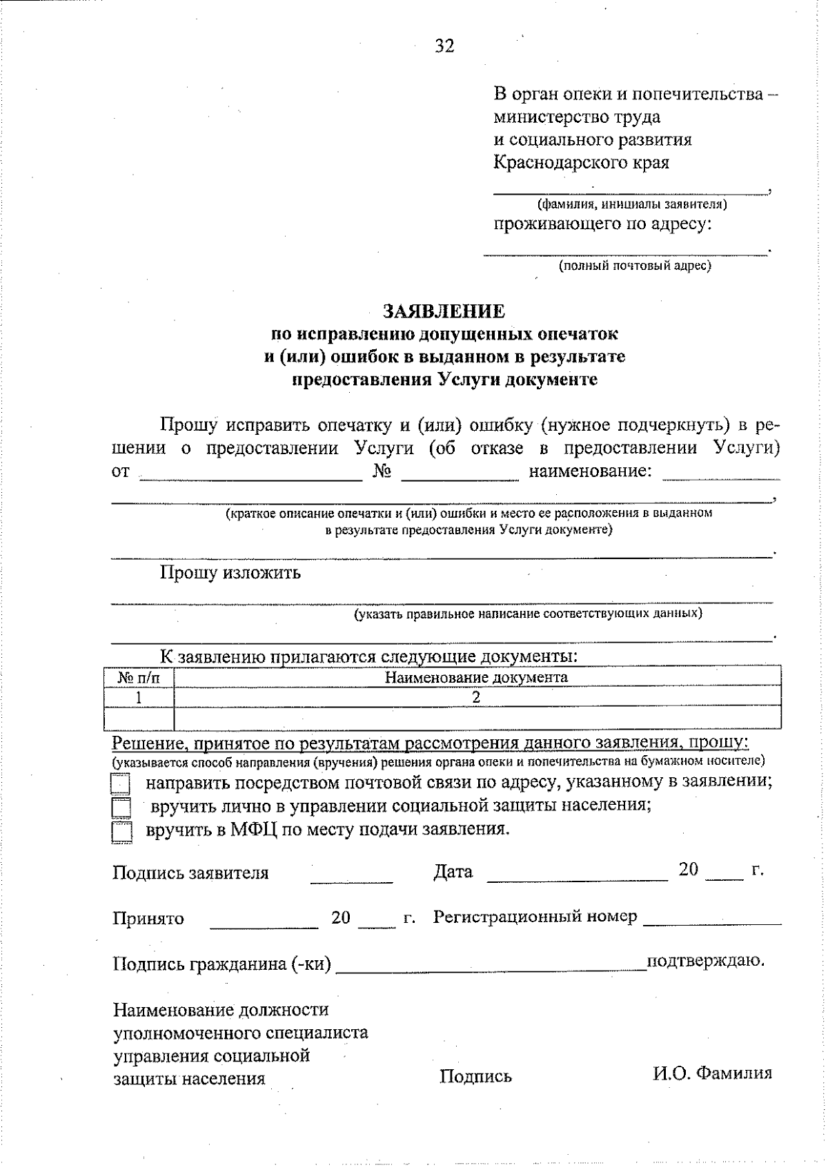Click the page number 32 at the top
tap(444, 46)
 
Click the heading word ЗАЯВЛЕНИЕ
tap(444, 311)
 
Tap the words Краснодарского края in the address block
tap(581, 163)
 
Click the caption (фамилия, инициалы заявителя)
tap(631, 204)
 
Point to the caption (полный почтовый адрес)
tap(634, 265)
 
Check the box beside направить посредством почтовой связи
tap(121, 785)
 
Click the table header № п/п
tap(139, 678)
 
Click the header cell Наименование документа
tap(476, 677)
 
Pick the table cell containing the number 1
tap(139, 697)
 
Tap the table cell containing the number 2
tap(476, 697)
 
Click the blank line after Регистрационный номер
tap(712, 921)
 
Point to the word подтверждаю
tap(705, 960)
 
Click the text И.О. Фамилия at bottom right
tap(712, 1073)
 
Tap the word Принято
tap(148, 919)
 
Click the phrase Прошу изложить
tap(230, 573)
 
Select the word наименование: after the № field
tap(590, 471)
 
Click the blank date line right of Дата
tap(577, 877)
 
